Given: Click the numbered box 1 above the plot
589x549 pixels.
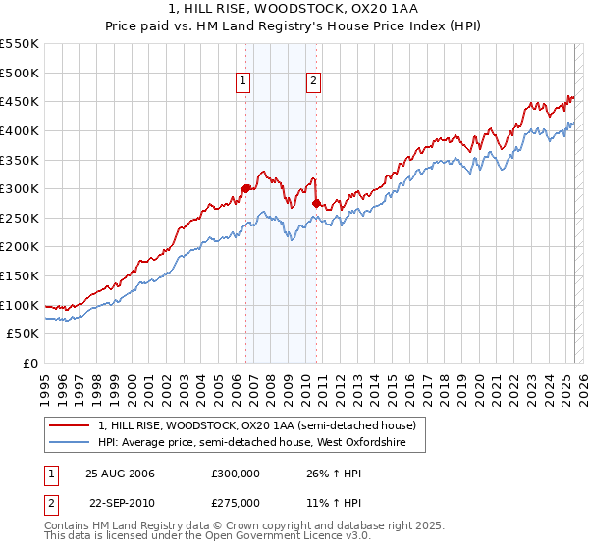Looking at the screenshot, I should [242, 82].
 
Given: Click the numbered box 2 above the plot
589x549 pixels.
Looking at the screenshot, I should [313, 82].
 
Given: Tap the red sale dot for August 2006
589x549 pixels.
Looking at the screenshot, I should [245, 188].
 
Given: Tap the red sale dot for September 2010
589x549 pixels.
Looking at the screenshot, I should [316, 203].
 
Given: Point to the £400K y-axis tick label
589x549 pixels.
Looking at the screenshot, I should [21, 130].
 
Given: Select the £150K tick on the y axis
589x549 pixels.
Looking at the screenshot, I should [21, 275].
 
